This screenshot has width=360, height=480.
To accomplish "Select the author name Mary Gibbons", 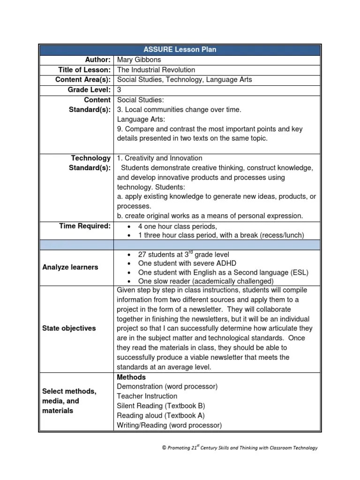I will (x=139, y=60).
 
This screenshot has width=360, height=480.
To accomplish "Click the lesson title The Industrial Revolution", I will (x=156, y=70).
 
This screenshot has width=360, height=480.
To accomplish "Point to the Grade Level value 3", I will (x=119, y=90).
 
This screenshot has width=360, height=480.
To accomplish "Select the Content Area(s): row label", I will (x=83, y=80).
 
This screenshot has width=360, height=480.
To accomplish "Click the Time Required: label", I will (x=85, y=226).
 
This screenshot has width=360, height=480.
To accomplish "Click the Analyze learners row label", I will (x=70, y=267).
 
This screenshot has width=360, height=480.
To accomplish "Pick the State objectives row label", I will (x=69, y=328).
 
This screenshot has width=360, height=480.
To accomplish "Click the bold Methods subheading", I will (x=131, y=377).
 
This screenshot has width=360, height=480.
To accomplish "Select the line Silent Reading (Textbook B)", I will (x=161, y=406).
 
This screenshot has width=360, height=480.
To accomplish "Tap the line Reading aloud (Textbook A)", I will (x=160, y=416).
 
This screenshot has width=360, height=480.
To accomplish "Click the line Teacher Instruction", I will (x=147, y=396).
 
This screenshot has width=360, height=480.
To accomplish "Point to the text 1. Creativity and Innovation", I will (x=159, y=158).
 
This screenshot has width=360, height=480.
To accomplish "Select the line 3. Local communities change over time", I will (x=179, y=109).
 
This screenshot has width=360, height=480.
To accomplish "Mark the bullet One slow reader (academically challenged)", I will (x=206, y=281).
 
